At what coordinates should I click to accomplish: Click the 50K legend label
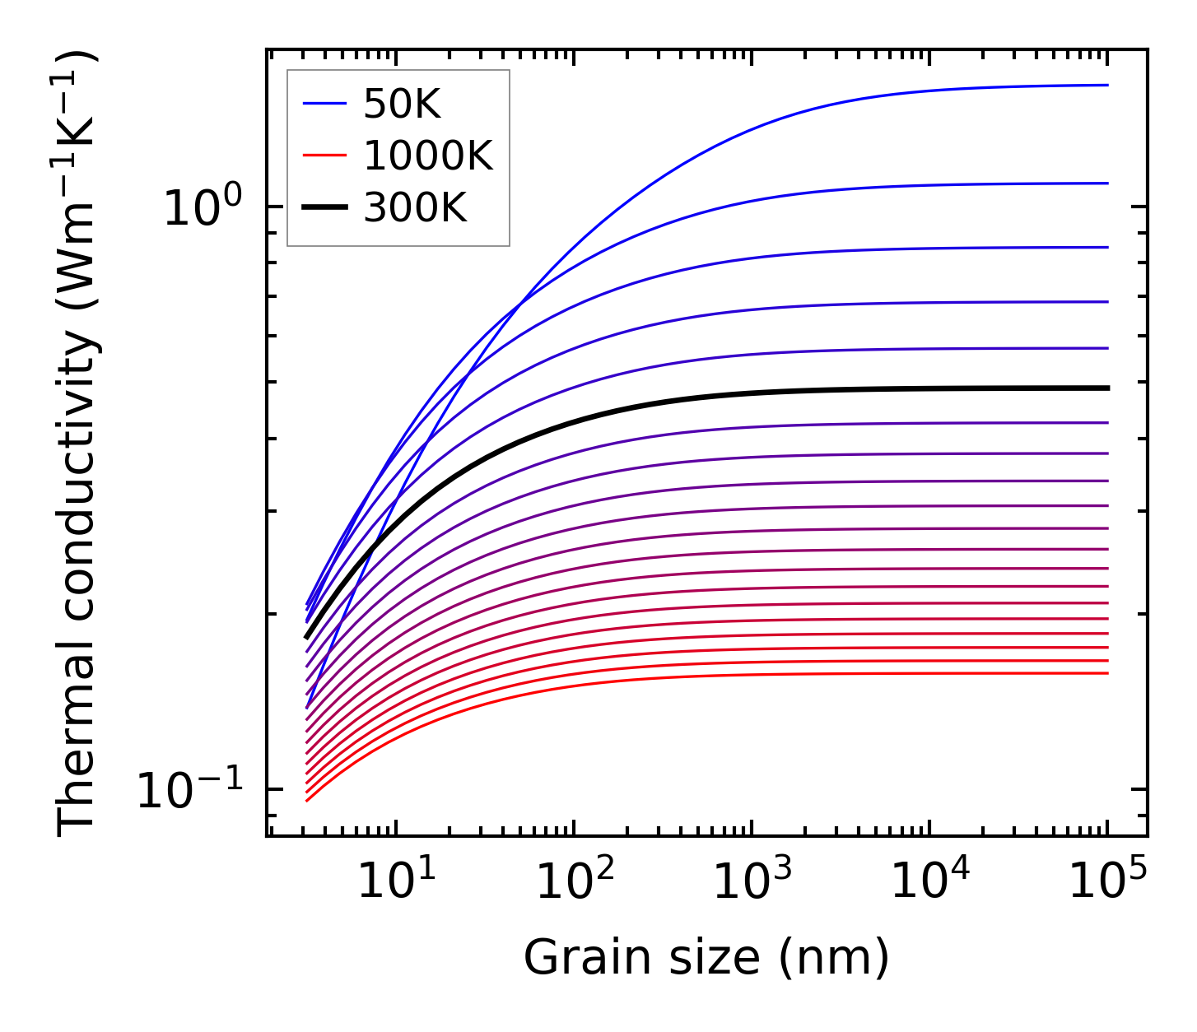coord(403,105)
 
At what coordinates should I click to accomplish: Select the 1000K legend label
coord(428,156)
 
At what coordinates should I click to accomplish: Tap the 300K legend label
coord(415,208)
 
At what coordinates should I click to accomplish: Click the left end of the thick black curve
coord(306,637)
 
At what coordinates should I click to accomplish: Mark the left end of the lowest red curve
coord(306,800)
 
